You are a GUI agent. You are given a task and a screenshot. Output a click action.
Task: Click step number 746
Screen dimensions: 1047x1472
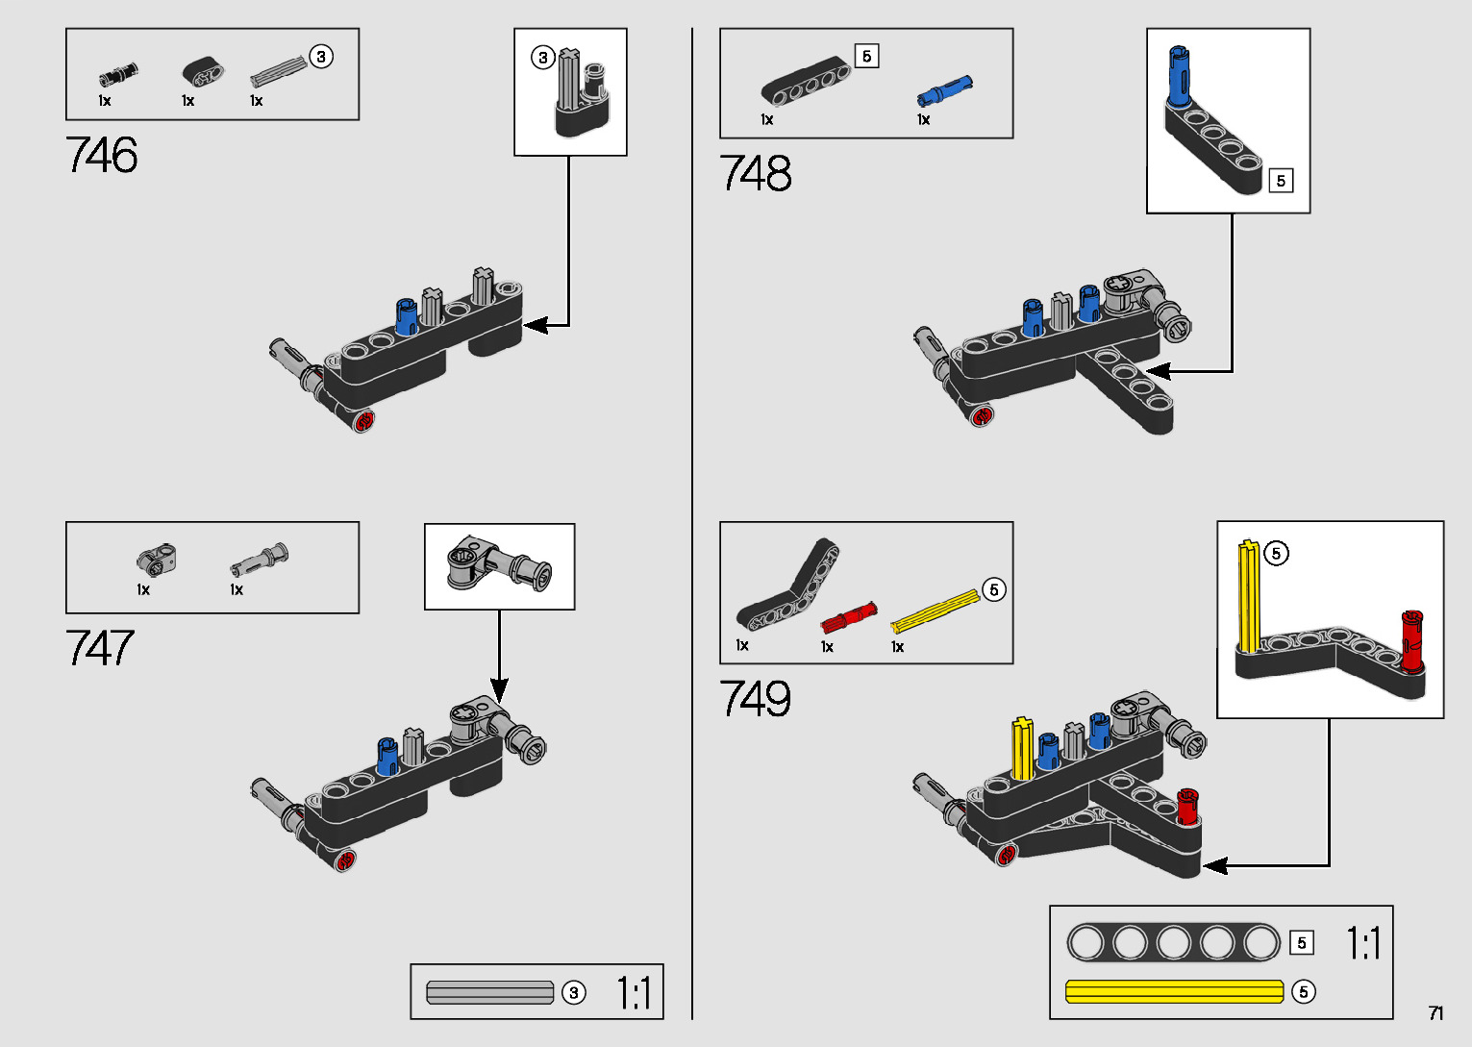click(102, 156)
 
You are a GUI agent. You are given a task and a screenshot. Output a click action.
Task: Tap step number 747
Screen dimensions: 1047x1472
click(100, 648)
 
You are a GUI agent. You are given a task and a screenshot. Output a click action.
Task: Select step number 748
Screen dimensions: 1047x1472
click(756, 174)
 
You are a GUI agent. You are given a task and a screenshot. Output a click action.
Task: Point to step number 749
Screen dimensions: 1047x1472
click(756, 699)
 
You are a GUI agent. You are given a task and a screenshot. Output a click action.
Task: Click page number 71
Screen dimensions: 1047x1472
click(1435, 1013)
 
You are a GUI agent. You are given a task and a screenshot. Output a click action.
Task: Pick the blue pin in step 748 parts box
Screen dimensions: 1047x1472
click(944, 90)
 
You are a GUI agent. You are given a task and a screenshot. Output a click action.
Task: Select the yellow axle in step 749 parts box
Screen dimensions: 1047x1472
click(935, 612)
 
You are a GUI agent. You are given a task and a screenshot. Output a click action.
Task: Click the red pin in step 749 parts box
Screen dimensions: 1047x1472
click(848, 616)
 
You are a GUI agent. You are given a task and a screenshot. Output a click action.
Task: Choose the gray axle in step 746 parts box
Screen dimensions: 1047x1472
click(278, 71)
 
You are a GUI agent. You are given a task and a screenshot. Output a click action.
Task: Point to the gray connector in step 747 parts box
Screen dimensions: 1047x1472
click(157, 558)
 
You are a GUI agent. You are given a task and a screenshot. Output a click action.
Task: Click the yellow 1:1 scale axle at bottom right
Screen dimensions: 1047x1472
click(1174, 991)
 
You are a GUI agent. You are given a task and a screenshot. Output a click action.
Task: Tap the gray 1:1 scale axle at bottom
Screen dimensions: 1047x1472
click(490, 992)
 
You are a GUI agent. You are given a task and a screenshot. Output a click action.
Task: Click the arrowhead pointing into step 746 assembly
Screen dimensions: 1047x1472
click(535, 326)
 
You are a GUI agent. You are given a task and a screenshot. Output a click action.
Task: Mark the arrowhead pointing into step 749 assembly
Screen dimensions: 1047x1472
click(1214, 866)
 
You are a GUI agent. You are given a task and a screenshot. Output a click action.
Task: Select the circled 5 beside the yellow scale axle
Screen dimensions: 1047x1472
click(1303, 991)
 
